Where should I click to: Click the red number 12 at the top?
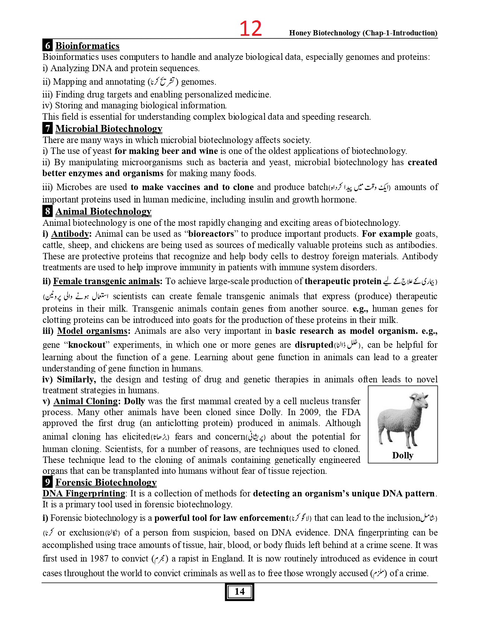point(251,29)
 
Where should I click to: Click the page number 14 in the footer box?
point(239,592)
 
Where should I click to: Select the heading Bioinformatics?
point(87,46)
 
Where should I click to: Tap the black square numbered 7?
point(47,128)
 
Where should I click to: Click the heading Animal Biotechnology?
point(103,212)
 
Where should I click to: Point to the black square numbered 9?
point(47,482)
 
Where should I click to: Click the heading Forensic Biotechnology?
point(106,482)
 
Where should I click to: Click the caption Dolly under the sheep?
point(402,455)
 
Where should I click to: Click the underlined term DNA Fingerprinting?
point(84,493)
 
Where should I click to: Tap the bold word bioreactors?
point(211,234)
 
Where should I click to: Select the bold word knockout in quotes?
point(87,345)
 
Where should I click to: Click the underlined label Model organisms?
point(92,331)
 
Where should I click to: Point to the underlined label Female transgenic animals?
point(106,281)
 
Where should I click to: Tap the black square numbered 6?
point(47,46)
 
